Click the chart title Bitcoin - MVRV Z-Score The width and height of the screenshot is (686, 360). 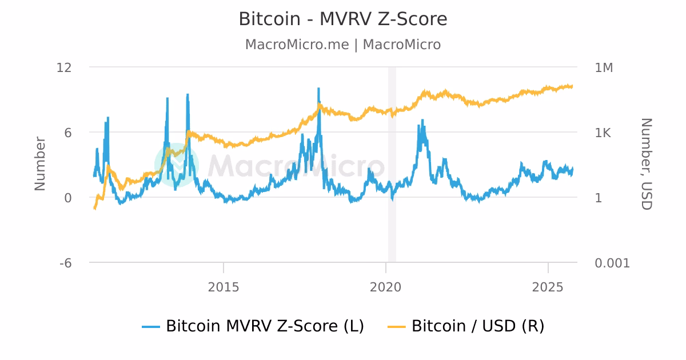click(343, 19)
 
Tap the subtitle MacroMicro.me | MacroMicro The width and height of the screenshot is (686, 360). click(343, 45)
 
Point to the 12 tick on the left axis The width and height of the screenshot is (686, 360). click(64, 67)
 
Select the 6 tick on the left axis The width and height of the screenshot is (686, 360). click(67, 133)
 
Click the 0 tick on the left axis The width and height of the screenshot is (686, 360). click(67, 198)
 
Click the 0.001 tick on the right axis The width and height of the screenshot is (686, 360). click(612, 263)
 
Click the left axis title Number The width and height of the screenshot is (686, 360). click(40, 163)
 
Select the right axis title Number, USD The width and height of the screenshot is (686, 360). click(646, 164)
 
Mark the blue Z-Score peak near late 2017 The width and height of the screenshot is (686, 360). click(318, 89)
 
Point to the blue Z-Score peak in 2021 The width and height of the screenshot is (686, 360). click(422, 120)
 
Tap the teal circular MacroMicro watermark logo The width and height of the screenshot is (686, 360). click(177, 165)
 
